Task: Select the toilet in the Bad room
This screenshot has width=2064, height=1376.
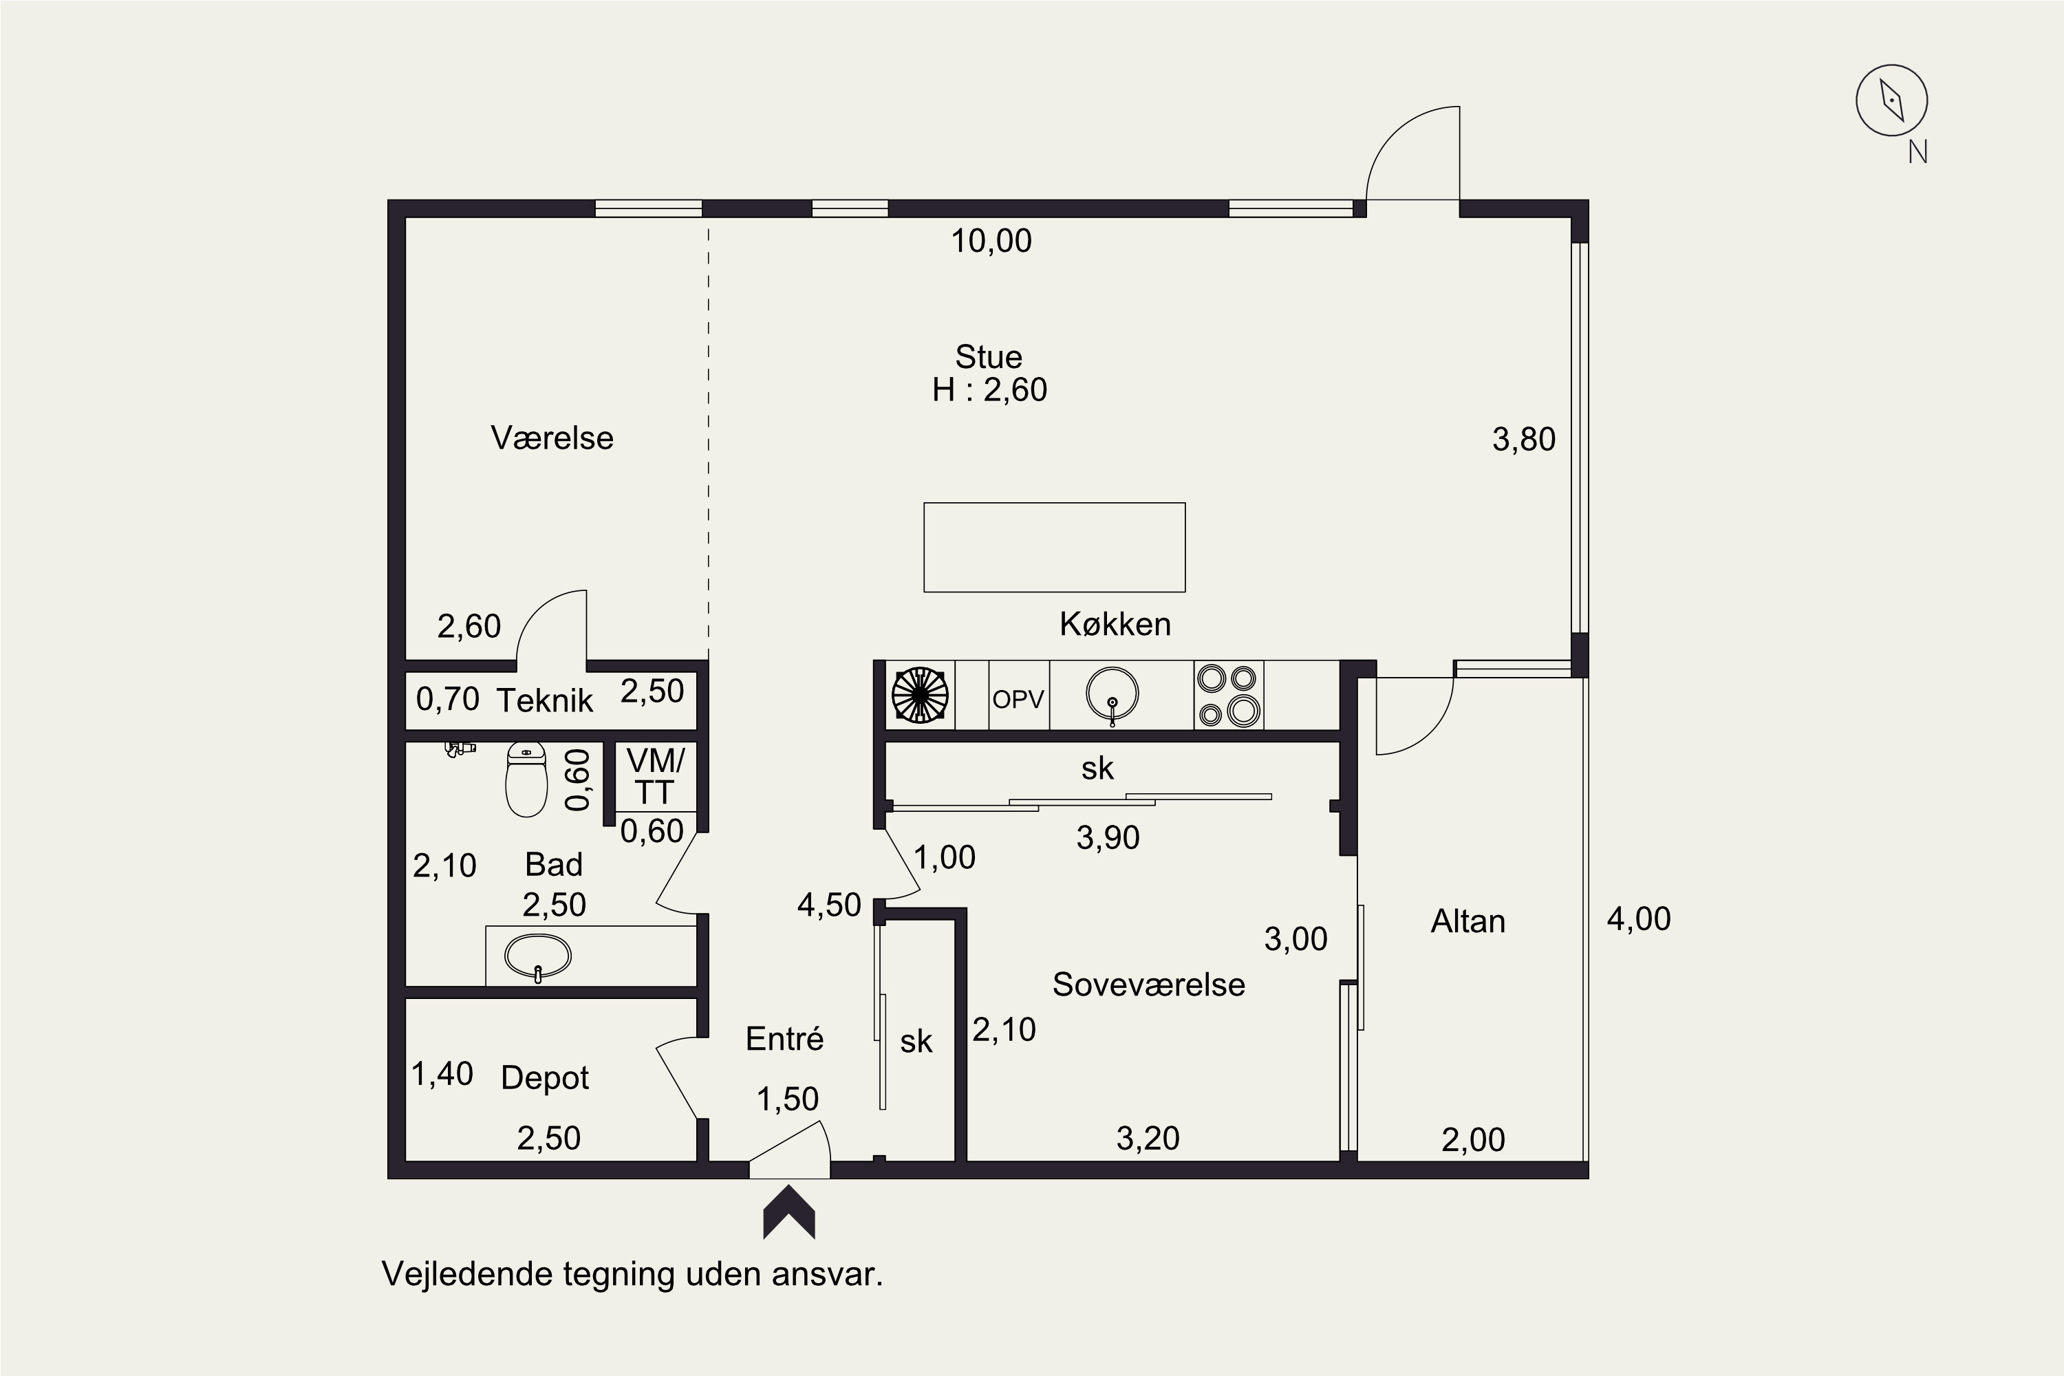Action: coord(526,780)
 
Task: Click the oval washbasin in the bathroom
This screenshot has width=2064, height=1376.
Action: coord(538,956)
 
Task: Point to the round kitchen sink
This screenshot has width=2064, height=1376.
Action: coord(1112,694)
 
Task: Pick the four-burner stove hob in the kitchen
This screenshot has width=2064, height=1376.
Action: coord(1229,695)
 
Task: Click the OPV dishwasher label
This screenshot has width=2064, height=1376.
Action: coord(1018,700)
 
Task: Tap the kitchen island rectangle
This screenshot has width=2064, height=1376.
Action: coord(1054,548)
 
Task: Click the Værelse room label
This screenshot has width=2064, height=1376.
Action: coord(552,438)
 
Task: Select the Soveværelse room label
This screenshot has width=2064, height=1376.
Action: coord(1149,985)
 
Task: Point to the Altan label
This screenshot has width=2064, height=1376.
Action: coord(1468,921)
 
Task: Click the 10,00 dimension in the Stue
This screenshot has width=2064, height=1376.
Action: coord(991,240)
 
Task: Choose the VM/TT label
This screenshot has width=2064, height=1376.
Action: coord(655,777)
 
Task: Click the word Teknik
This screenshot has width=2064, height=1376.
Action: coord(545,700)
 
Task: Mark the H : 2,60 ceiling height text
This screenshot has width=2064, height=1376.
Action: coord(990,389)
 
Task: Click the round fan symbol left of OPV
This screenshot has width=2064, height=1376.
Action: coord(920,695)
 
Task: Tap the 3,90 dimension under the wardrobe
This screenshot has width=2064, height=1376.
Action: coord(1108,838)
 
